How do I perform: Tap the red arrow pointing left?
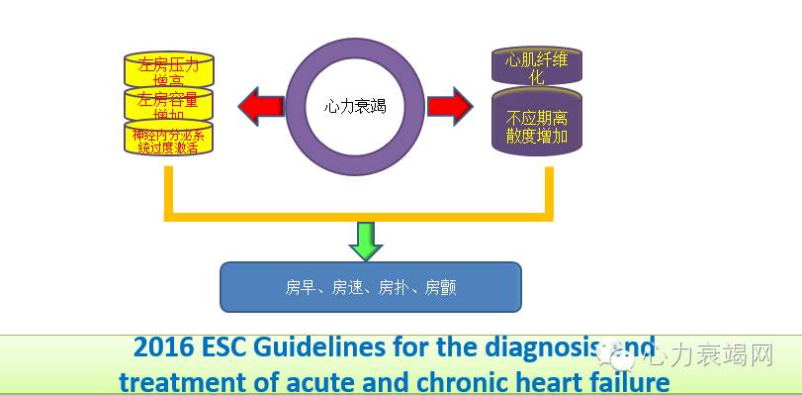click(x=258, y=104)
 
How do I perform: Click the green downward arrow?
click(x=366, y=241)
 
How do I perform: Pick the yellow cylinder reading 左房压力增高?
click(x=169, y=69)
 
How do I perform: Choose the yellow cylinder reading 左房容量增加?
click(x=169, y=104)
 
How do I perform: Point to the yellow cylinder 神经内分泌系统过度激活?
click(x=169, y=138)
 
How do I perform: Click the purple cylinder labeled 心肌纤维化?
click(x=537, y=65)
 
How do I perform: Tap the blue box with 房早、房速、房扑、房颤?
click(x=370, y=287)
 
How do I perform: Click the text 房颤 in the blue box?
click(x=440, y=288)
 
